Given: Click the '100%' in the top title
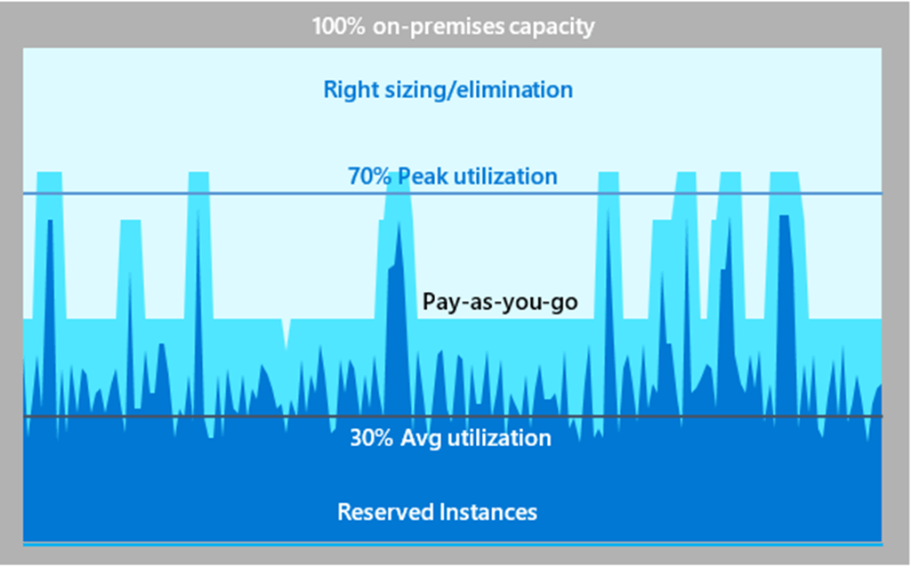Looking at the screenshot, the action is tap(338, 27).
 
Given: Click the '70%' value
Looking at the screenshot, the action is tap(369, 176).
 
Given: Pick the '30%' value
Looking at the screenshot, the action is tap(372, 438).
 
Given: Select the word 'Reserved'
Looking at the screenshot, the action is tap(385, 512).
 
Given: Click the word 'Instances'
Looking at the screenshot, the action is tap(488, 512).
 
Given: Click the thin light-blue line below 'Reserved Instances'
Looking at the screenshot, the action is tap(453, 544).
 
